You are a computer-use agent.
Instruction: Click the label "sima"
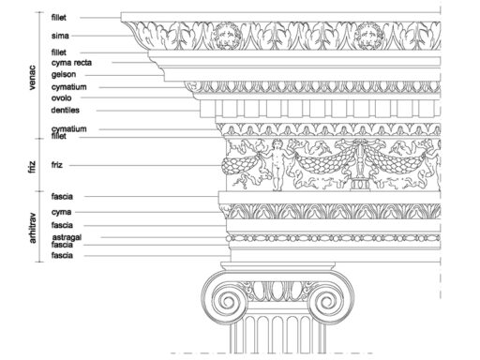[x=60, y=36]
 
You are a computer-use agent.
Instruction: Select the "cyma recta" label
[x=71, y=63]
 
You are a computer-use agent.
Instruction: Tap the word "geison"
[x=64, y=75]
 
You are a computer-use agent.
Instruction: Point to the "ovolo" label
[x=61, y=98]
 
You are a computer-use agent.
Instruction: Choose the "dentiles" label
[x=65, y=110]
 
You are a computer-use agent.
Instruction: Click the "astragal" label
[x=67, y=237]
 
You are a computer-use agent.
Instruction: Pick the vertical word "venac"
[x=32, y=78]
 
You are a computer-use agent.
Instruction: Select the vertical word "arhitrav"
[x=33, y=228]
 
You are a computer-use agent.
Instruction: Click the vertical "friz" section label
[x=33, y=167]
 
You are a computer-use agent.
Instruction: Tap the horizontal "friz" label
[x=57, y=165]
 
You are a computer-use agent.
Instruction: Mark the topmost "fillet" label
[x=59, y=18]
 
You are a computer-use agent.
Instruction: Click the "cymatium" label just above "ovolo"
[x=69, y=87]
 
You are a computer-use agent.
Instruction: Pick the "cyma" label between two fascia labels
[x=61, y=212]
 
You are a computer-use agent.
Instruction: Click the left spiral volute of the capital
[x=227, y=301]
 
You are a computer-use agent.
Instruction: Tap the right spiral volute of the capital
[x=328, y=301]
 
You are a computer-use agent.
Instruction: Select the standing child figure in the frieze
[x=277, y=165]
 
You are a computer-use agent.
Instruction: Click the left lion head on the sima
[x=227, y=36]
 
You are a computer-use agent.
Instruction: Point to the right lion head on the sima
[x=370, y=36]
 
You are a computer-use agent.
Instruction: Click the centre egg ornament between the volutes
[x=277, y=291]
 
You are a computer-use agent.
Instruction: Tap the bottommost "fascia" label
[x=62, y=256]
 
